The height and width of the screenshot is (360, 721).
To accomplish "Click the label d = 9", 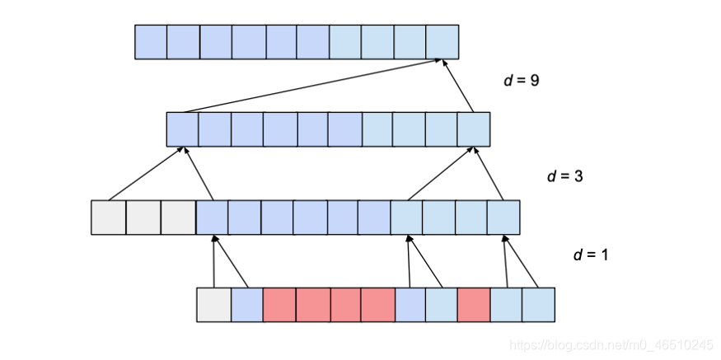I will click(521, 81).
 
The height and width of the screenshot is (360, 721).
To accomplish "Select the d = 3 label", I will click(565, 176).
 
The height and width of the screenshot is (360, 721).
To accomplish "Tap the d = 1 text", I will click(591, 255).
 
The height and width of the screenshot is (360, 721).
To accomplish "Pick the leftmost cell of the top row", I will click(151, 42).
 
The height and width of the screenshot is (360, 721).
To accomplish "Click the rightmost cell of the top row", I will click(442, 42).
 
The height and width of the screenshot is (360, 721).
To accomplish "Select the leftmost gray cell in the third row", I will click(108, 217).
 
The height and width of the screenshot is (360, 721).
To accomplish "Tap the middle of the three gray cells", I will click(143, 217).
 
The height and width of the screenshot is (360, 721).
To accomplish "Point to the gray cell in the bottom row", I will click(213, 305).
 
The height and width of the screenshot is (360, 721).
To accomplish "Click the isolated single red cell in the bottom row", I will click(474, 305).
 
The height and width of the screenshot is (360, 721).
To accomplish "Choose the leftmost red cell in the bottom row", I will click(279, 305).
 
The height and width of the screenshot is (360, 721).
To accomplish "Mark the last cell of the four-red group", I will click(378, 305).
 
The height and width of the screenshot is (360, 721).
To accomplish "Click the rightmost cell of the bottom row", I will click(538, 305).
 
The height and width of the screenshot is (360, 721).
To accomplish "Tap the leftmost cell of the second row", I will click(183, 129).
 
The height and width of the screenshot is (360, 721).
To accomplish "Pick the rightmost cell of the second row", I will click(474, 129).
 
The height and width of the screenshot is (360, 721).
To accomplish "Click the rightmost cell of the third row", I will click(503, 217).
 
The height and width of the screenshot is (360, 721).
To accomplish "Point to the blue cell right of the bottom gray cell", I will click(246, 305).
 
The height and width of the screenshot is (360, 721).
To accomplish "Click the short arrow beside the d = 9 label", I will click(460, 86).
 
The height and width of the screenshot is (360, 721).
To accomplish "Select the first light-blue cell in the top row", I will click(345, 42).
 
